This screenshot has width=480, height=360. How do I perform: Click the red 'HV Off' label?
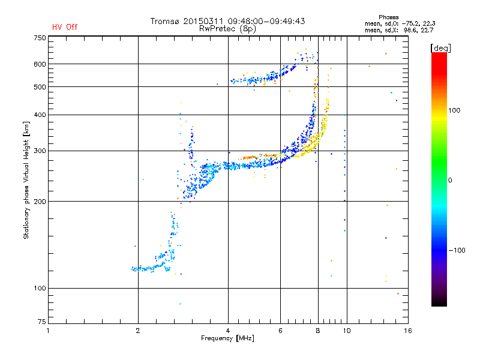click(x=64, y=27)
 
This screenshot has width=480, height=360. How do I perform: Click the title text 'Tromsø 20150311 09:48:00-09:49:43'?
click(x=227, y=21)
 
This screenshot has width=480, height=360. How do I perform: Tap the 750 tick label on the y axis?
click(x=40, y=38)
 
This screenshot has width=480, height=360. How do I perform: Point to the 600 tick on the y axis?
click(x=40, y=64)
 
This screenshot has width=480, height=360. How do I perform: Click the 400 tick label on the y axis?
click(x=40, y=115)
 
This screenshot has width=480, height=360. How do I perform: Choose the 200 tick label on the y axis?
click(x=40, y=202)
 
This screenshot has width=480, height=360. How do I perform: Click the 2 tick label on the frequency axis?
click(x=138, y=330)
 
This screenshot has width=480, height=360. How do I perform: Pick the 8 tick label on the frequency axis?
click(x=318, y=330)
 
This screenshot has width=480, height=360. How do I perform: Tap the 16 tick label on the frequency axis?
click(x=407, y=330)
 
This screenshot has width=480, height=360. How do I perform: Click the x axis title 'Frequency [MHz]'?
click(x=227, y=338)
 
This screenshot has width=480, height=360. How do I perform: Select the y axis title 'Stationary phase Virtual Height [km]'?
click(x=26, y=180)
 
